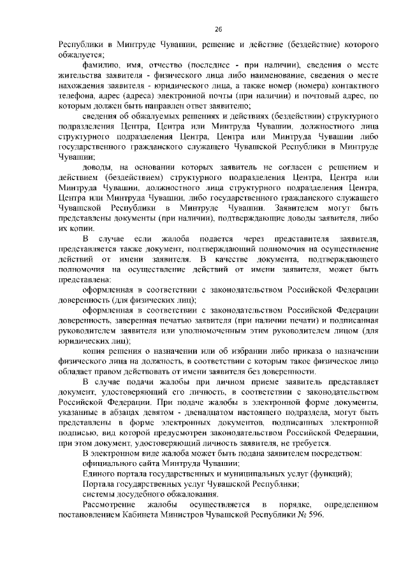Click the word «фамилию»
pos(102,66)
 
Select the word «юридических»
pos(86,341)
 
